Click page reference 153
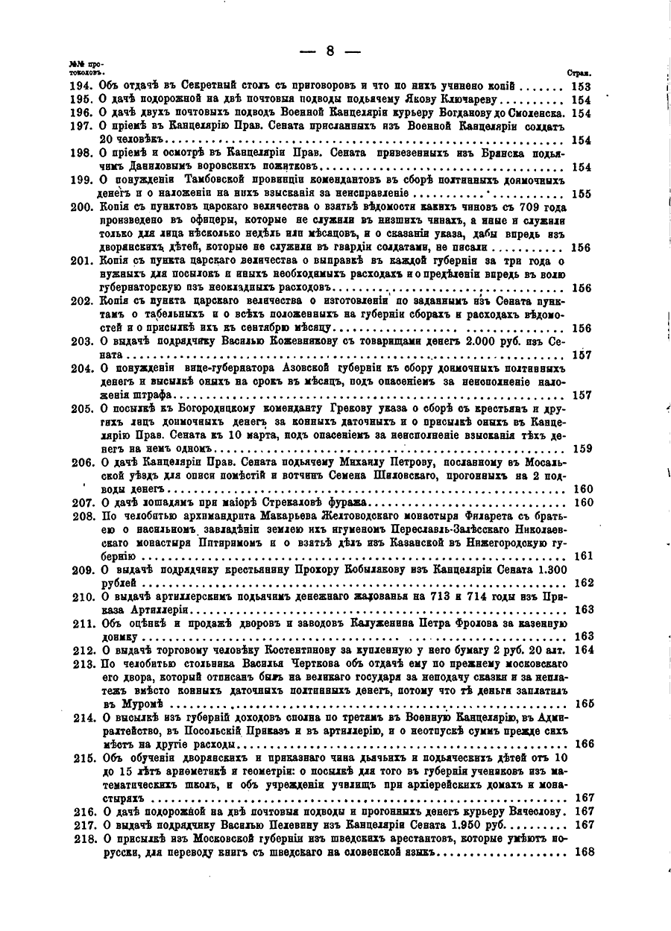(582, 86)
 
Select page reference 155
(582, 194)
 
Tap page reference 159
(582, 448)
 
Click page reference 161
(582, 556)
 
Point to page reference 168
(582, 852)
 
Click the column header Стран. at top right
(579, 74)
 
